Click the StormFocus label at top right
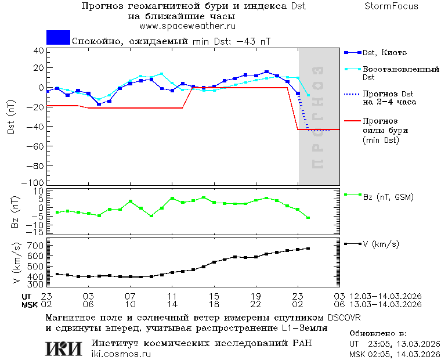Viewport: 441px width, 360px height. click(x=391, y=6)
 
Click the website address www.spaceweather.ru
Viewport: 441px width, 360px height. click(x=187, y=26)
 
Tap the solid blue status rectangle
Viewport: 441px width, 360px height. click(x=58, y=37)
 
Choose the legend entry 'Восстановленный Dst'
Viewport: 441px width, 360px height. click(x=400, y=73)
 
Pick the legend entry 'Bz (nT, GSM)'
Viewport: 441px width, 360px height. click(x=388, y=197)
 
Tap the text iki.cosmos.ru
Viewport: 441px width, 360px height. click(x=121, y=354)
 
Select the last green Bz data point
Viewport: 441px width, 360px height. click(x=308, y=218)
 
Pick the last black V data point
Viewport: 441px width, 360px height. click(x=308, y=249)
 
